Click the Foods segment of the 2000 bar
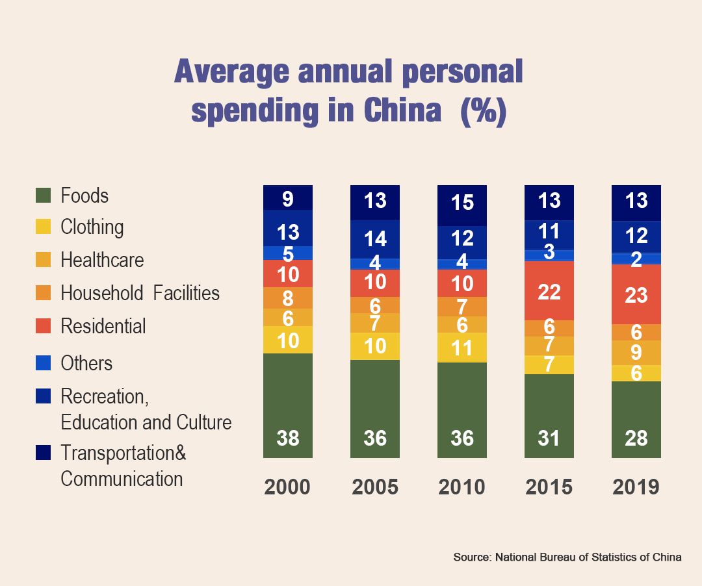point(288,403)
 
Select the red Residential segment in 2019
point(636,294)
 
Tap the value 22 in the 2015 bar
point(549,292)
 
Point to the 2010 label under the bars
point(461,487)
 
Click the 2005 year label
point(375,487)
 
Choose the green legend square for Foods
point(43,195)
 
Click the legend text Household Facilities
point(140,293)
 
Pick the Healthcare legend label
point(102,260)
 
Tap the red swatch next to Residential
point(43,325)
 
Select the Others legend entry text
point(86,363)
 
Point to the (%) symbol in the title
point(482,111)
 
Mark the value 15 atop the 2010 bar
point(462,203)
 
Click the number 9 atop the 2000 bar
point(288,198)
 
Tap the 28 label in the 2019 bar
point(636,439)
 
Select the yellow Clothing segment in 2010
point(462,348)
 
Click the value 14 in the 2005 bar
point(375,239)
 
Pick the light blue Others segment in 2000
point(288,253)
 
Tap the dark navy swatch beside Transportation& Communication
point(43,453)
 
